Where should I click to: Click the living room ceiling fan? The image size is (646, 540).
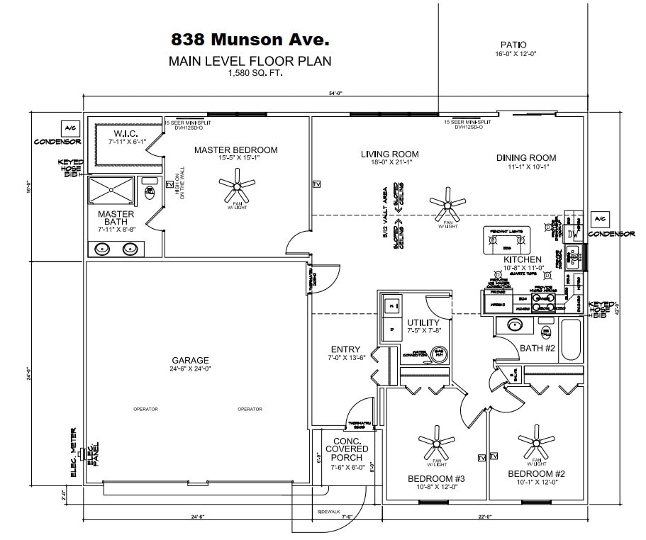(x=447, y=205)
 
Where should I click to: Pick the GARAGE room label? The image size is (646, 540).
(x=190, y=360)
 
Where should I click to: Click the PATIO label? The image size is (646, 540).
(x=513, y=45)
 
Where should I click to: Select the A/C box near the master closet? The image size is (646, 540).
(x=70, y=128)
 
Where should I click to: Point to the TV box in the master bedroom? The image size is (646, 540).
(x=169, y=185)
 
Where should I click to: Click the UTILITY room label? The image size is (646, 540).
(x=423, y=323)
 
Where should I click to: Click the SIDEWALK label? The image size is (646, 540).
(x=328, y=511)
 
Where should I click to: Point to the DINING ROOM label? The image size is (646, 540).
(x=526, y=158)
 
